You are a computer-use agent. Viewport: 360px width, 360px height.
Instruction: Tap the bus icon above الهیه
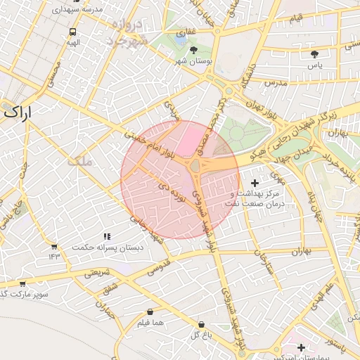coord(73,32)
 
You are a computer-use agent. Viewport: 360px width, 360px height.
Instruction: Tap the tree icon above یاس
coord(314,54)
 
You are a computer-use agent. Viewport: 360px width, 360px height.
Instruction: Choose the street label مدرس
coord(276,83)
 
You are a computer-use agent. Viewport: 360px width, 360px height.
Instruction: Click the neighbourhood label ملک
coord(79,162)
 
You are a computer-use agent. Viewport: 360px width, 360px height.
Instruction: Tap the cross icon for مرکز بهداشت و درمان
coord(254,183)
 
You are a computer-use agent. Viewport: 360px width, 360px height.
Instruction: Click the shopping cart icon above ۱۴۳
coord(54,247)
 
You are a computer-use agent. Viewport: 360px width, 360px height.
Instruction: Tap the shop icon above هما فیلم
coord(150,312)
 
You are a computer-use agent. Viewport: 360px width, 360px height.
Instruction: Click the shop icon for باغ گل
coord(202,325)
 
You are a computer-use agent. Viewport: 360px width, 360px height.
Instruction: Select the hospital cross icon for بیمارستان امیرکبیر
coord(302,347)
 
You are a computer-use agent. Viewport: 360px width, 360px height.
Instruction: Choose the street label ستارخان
coord(261,262)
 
